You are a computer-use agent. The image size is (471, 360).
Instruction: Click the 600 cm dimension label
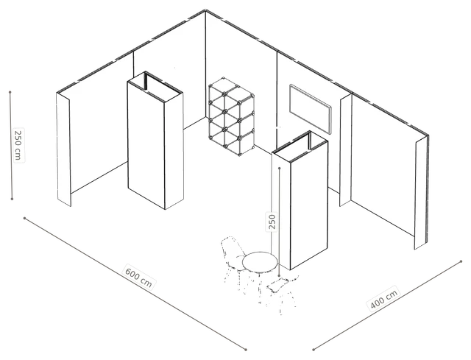(x=138, y=277)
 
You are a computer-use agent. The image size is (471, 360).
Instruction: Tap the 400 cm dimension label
(x=384, y=297)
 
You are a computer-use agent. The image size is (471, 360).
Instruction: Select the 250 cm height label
(x=18, y=145)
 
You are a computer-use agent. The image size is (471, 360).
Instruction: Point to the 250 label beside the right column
(x=272, y=221)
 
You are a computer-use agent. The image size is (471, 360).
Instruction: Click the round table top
(x=260, y=262)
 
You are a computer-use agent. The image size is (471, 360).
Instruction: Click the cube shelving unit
(x=232, y=116)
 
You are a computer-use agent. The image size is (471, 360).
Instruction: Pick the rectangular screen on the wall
(x=311, y=109)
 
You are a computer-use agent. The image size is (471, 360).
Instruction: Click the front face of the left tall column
(x=146, y=146)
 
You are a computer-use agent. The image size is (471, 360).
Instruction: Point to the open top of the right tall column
(x=300, y=147)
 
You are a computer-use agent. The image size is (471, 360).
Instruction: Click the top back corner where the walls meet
(x=205, y=10)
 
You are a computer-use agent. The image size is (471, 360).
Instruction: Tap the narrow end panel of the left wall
(x=63, y=149)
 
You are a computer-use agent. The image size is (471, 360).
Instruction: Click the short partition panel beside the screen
(x=345, y=150)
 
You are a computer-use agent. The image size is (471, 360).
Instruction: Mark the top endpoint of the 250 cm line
(x=10, y=92)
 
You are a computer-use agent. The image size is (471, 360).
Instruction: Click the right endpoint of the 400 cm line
(x=461, y=261)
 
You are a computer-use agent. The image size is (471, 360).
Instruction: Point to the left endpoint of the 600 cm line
(x=24, y=218)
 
